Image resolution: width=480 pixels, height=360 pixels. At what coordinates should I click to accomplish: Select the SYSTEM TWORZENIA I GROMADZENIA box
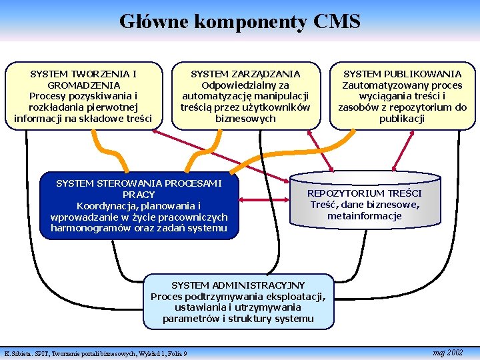83,96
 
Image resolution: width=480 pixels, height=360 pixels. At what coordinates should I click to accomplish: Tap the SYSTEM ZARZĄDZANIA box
245,96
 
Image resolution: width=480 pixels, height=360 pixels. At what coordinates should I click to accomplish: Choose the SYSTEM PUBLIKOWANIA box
402,96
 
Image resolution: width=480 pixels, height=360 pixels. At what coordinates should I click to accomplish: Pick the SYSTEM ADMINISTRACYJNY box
238,302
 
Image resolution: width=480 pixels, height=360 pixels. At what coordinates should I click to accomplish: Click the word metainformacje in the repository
365,216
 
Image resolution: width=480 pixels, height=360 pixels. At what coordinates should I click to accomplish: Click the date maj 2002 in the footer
447,352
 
